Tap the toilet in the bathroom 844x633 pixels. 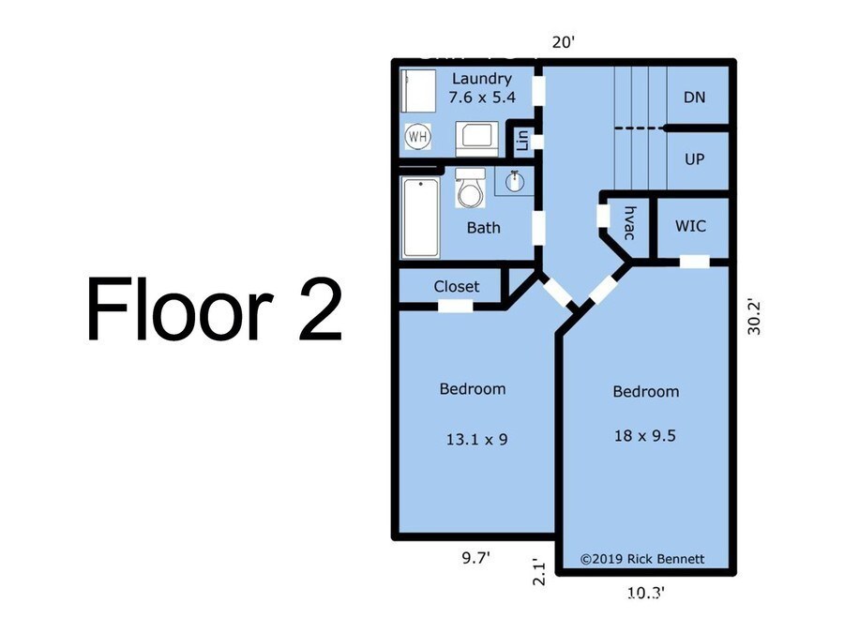pyautogui.click(x=469, y=191)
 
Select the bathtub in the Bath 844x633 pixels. pyautogui.click(x=421, y=218)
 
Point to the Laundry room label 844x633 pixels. pyautogui.click(x=481, y=79)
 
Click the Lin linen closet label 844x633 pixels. pyautogui.click(x=522, y=142)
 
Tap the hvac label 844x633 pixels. pyautogui.click(x=629, y=222)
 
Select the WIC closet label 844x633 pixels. pyautogui.click(x=690, y=226)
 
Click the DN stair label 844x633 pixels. pyautogui.click(x=694, y=98)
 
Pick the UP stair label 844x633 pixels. pyautogui.click(x=694, y=159)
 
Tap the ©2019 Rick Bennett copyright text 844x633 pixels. pyautogui.click(x=641, y=559)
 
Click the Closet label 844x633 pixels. pyautogui.click(x=456, y=286)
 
